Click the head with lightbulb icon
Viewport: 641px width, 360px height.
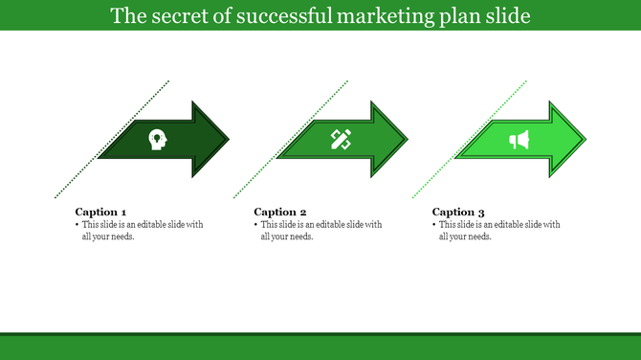[x=157, y=140]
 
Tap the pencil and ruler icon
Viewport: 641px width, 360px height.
[x=341, y=140]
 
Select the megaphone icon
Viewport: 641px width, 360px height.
[x=519, y=141]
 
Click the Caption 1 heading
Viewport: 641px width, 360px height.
[x=100, y=212]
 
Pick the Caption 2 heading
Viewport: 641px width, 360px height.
[x=279, y=212]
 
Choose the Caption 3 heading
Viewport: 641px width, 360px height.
[x=458, y=212]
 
